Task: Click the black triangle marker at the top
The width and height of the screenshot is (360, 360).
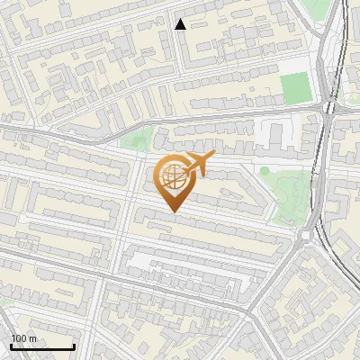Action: (180, 24)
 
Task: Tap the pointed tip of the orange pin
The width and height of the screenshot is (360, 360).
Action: (172, 211)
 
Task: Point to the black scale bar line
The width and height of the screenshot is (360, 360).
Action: (41, 346)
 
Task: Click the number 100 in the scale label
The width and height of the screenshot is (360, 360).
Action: (19, 338)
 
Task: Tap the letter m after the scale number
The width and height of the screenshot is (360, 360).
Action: (32, 338)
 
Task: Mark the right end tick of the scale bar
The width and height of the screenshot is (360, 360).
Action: (73, 346)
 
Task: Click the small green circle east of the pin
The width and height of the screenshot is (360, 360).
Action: (265, 170)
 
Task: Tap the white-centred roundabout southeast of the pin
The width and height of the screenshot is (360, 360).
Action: (305, 236)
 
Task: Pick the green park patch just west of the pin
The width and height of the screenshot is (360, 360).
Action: (137, 139)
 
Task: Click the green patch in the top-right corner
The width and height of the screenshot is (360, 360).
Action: (317, 9)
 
